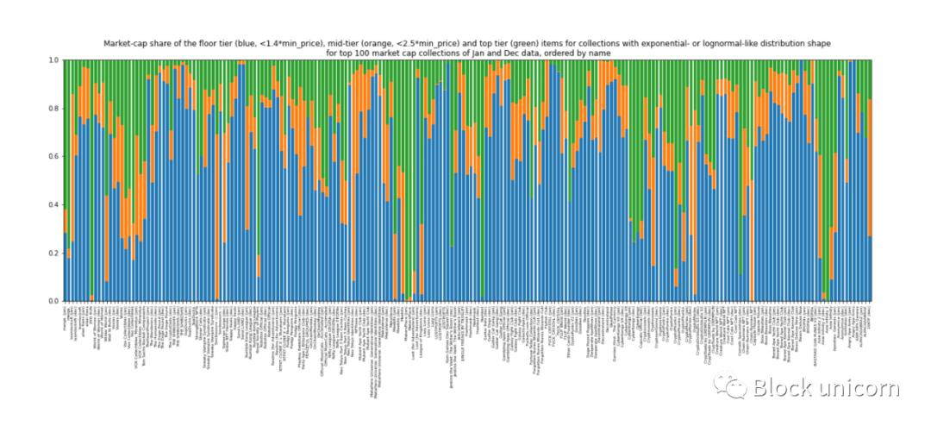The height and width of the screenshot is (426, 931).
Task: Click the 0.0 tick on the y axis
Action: pyautogui.click(x=54, y=301)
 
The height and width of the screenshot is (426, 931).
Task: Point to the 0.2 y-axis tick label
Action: pyautogui.click(x=54, y=253)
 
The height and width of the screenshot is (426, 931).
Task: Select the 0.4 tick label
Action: pyautogui.click(x=54, y=204)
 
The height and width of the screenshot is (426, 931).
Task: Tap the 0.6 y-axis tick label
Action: pyautogui.click(x=54, y=156)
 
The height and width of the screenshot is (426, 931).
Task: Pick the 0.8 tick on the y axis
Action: pyautogui.click(x=54, y=108)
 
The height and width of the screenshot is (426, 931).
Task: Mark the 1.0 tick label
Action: pyautogui.click(x=54, y=60)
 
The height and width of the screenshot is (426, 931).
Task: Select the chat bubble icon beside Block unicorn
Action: pyautogui.click(x=734, y=388)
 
